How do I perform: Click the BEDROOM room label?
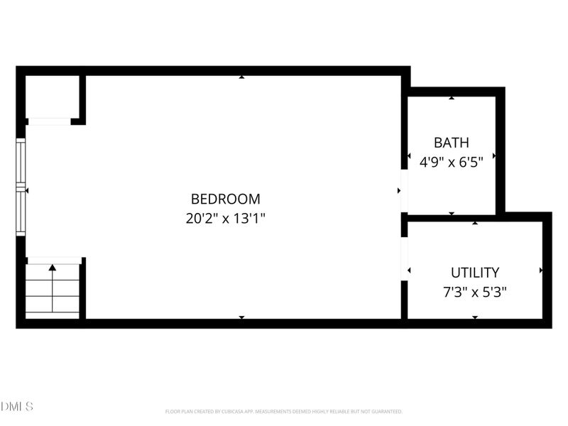225,200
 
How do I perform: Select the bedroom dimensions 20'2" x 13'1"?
225,219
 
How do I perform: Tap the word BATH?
452,143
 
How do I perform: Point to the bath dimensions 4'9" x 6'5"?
452,162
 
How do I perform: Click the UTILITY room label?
475,272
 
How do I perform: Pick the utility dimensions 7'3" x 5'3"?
475,291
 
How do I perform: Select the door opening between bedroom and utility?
404,258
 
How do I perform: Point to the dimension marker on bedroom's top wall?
241,77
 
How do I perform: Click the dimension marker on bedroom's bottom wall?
241,317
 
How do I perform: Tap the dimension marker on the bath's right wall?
494,155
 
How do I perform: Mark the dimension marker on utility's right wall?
541,271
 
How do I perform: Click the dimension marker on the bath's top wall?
452,97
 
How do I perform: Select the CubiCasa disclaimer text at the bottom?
284,411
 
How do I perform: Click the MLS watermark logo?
17,407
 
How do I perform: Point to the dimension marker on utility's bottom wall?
475,317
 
